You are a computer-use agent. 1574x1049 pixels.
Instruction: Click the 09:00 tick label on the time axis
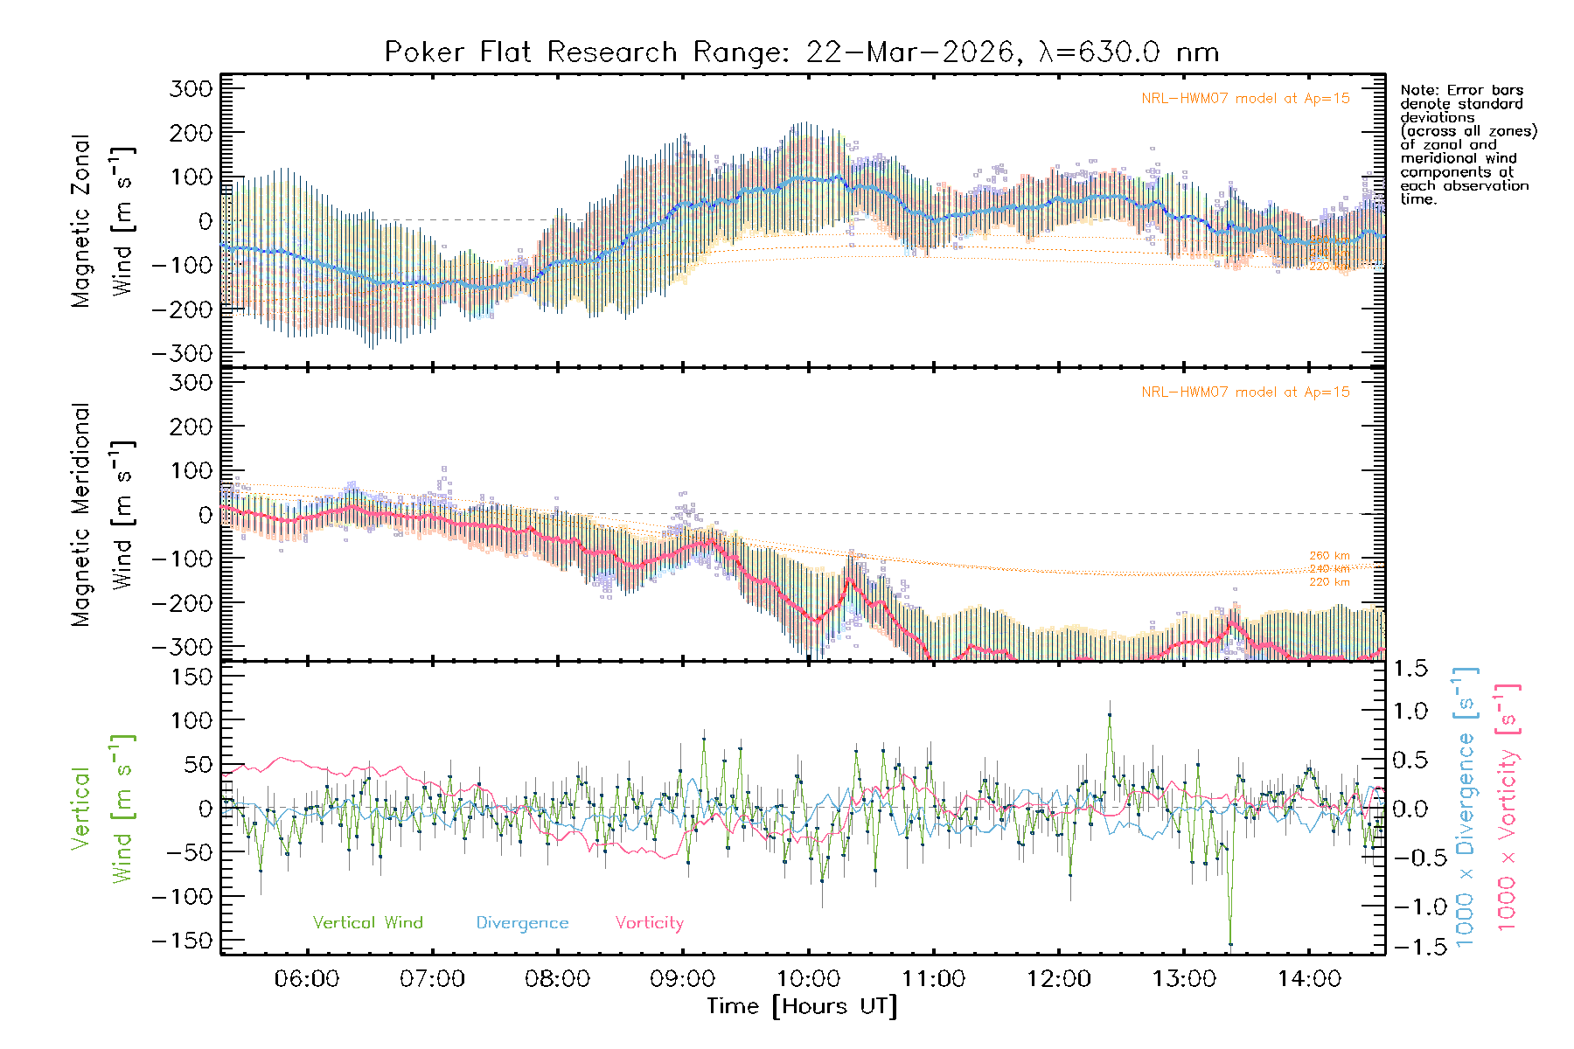tap(682, 979)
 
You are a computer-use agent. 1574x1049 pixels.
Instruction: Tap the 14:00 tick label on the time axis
tap(1309, 979)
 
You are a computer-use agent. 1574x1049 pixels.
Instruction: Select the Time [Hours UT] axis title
tap(801, 1006)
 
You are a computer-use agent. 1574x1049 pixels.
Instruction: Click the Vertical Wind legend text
tap(367, 923)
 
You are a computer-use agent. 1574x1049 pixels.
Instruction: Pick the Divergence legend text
tap(522, 923)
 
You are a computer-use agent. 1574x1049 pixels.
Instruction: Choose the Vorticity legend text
tap(649, 923)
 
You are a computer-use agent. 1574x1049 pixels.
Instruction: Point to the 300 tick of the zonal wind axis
tap(192, 88)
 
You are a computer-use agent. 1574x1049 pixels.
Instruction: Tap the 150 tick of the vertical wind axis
tap(192, 677)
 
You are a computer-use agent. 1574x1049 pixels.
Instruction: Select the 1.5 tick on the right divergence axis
tap(1410, 669)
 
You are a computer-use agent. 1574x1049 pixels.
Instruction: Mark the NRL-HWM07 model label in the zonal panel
tap(1245, 99)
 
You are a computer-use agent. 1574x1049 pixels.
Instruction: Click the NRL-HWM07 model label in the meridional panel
tap(1245, 393)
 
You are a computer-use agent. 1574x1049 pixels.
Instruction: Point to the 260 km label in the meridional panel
tap(1329, 555)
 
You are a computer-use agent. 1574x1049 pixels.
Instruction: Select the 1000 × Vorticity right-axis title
tap(1507, 807)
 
